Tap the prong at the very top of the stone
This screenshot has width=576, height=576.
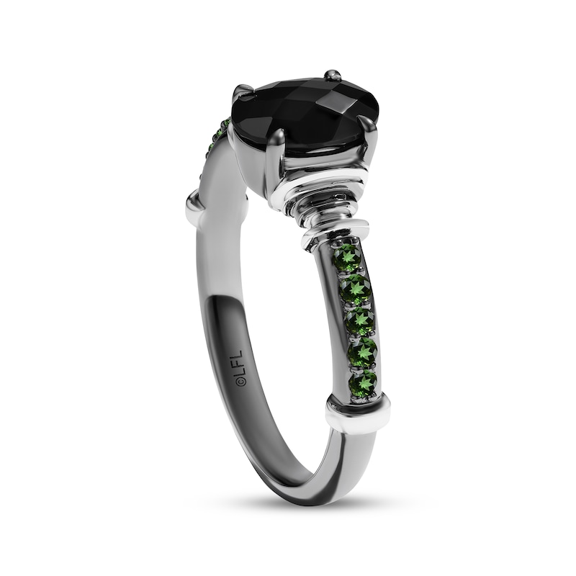click(x=333, y=76)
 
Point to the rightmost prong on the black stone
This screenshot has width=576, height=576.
click(x=368, y=127)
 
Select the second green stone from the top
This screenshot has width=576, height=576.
click(x=355, y=289)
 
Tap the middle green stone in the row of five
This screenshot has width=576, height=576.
click(x=359, y=322)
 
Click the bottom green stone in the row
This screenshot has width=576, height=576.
click(x=365, y=382)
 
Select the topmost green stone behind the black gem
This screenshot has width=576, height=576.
click(x=225, y=125)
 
